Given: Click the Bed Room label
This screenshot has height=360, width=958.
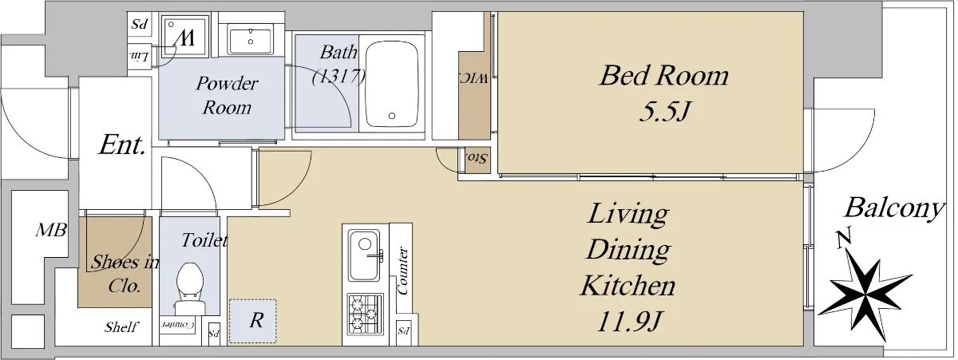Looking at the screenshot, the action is click(x=664, y=76).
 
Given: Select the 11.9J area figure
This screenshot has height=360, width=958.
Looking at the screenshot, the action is click(x=629, y=322).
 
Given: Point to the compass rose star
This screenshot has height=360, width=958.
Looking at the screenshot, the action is click(x=865, y=295).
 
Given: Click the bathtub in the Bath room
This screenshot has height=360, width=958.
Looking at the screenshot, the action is click(x=392, y=83).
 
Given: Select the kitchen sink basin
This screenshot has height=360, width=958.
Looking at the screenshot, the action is click(x=364, y=255).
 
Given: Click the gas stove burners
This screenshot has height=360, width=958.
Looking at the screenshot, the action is click(x=365, y=315).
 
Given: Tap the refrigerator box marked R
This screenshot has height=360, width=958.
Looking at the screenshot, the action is click(x=252, y=321).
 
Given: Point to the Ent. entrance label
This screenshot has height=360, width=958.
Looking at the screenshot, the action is click(x=123, y=146).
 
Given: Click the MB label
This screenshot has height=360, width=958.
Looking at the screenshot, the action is click(x=51, y=231).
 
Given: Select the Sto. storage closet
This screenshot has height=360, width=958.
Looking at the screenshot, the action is click(x=477, y=160).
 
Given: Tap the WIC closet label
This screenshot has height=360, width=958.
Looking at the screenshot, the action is click(x=474, y=79).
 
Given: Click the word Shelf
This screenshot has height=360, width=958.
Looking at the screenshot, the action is click(x=121, y=327).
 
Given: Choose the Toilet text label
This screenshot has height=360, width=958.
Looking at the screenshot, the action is click(x=204, y=240).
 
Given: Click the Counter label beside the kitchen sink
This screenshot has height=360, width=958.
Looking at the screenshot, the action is click(x=403, y=271).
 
